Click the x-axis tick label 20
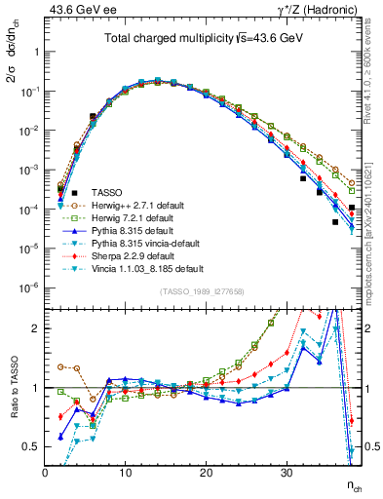(206, 473)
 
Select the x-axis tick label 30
(286, 473)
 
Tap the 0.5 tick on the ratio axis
(33, 446)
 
